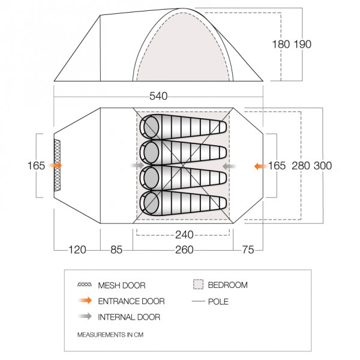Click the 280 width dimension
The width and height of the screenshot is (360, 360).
301,165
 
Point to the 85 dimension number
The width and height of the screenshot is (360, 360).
116,250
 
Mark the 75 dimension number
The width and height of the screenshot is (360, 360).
248,250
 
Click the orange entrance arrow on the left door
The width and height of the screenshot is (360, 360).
55,164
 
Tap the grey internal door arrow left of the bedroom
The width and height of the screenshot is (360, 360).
137,164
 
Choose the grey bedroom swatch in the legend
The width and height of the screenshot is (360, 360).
199,284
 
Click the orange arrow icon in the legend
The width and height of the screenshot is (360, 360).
85,301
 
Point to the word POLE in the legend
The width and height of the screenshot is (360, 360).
219,301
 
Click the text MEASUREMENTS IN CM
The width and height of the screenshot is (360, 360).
110,334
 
